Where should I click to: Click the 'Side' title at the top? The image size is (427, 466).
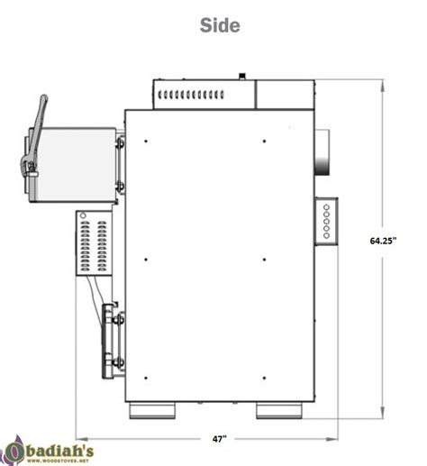point(220,26)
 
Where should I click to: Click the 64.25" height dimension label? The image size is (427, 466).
point(385,241)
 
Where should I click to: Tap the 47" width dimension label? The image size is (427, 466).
point(219,438)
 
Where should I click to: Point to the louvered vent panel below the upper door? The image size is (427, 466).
point(92,242)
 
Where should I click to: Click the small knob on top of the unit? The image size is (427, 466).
point(241,76)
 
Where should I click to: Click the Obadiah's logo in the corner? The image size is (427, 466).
point(45,449)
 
